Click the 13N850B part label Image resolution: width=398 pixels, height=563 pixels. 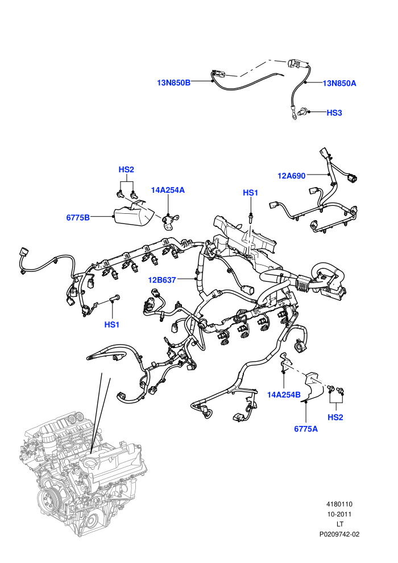point(174,82)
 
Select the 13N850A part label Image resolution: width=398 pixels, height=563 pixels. point(339,83)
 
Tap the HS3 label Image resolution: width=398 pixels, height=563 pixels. point(334,113)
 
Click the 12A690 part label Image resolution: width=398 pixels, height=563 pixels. point(292,176)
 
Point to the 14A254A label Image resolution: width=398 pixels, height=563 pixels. point(168,190)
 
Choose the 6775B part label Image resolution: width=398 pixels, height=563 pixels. point(78,217)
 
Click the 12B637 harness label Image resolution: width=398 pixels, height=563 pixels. point(162,280)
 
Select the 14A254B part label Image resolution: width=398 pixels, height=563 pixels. point(284,395)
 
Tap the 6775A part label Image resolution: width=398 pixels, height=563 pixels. point(306,429)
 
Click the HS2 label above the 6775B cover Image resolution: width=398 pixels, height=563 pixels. point(126,169)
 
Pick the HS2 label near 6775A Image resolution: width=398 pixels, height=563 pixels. point(335,417)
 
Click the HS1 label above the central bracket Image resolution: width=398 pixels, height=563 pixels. point(251,193)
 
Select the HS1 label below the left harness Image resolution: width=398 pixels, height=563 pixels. point(111,325)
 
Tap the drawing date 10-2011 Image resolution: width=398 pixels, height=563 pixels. point(339,514)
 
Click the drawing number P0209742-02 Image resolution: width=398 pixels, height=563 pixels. point(339,534)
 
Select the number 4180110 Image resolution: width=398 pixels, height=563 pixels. point(339,504)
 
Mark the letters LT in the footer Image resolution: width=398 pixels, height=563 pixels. point(339,524)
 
